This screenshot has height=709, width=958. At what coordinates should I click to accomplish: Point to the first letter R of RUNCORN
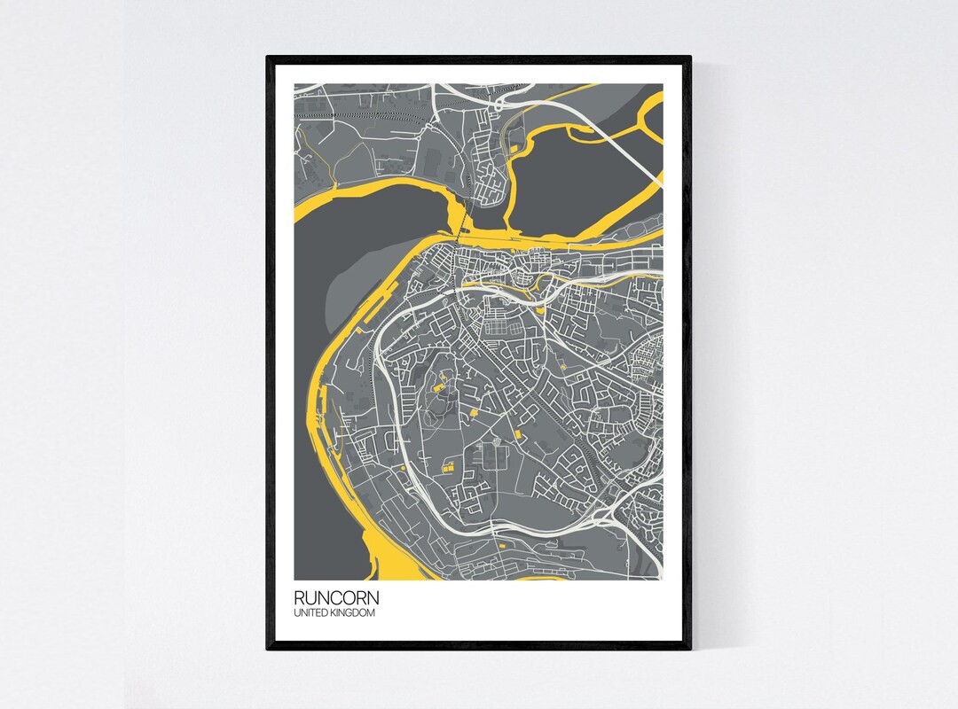pyautogui.click(x=299, y=599)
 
